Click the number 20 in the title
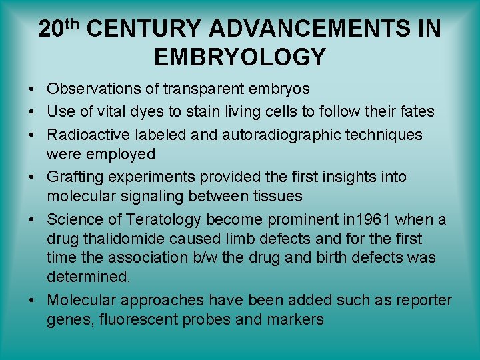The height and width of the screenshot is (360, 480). tap(51, 30)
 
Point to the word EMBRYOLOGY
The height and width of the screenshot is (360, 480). tap(240, 57)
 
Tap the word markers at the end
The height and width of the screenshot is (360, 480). tap(295, 319)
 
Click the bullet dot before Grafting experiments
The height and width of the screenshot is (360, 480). tap(32, 177)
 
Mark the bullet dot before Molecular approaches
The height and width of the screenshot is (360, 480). tap(32, 301)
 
